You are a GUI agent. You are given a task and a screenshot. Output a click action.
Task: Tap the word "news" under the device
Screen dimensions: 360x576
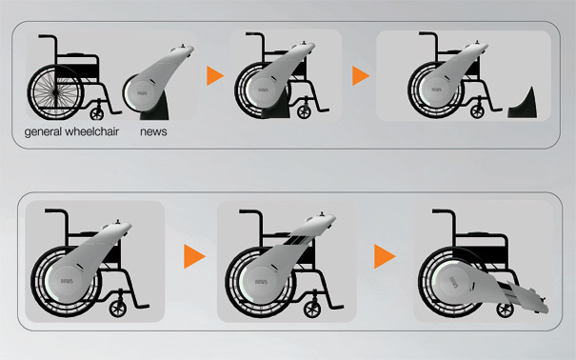(x=153, y=130)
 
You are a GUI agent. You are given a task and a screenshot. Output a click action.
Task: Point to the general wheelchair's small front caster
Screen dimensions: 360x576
(x=97, y=110)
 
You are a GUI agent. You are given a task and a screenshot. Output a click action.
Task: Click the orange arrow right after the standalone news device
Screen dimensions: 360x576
(x=214, y=75)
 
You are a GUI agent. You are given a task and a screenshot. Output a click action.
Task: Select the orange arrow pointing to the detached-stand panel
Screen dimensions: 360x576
(x=359, y=75)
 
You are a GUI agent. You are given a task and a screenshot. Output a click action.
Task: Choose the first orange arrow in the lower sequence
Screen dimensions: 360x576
(x=194, y=256)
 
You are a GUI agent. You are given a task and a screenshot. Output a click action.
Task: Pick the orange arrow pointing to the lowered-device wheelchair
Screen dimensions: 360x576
(x=385, y=256)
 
